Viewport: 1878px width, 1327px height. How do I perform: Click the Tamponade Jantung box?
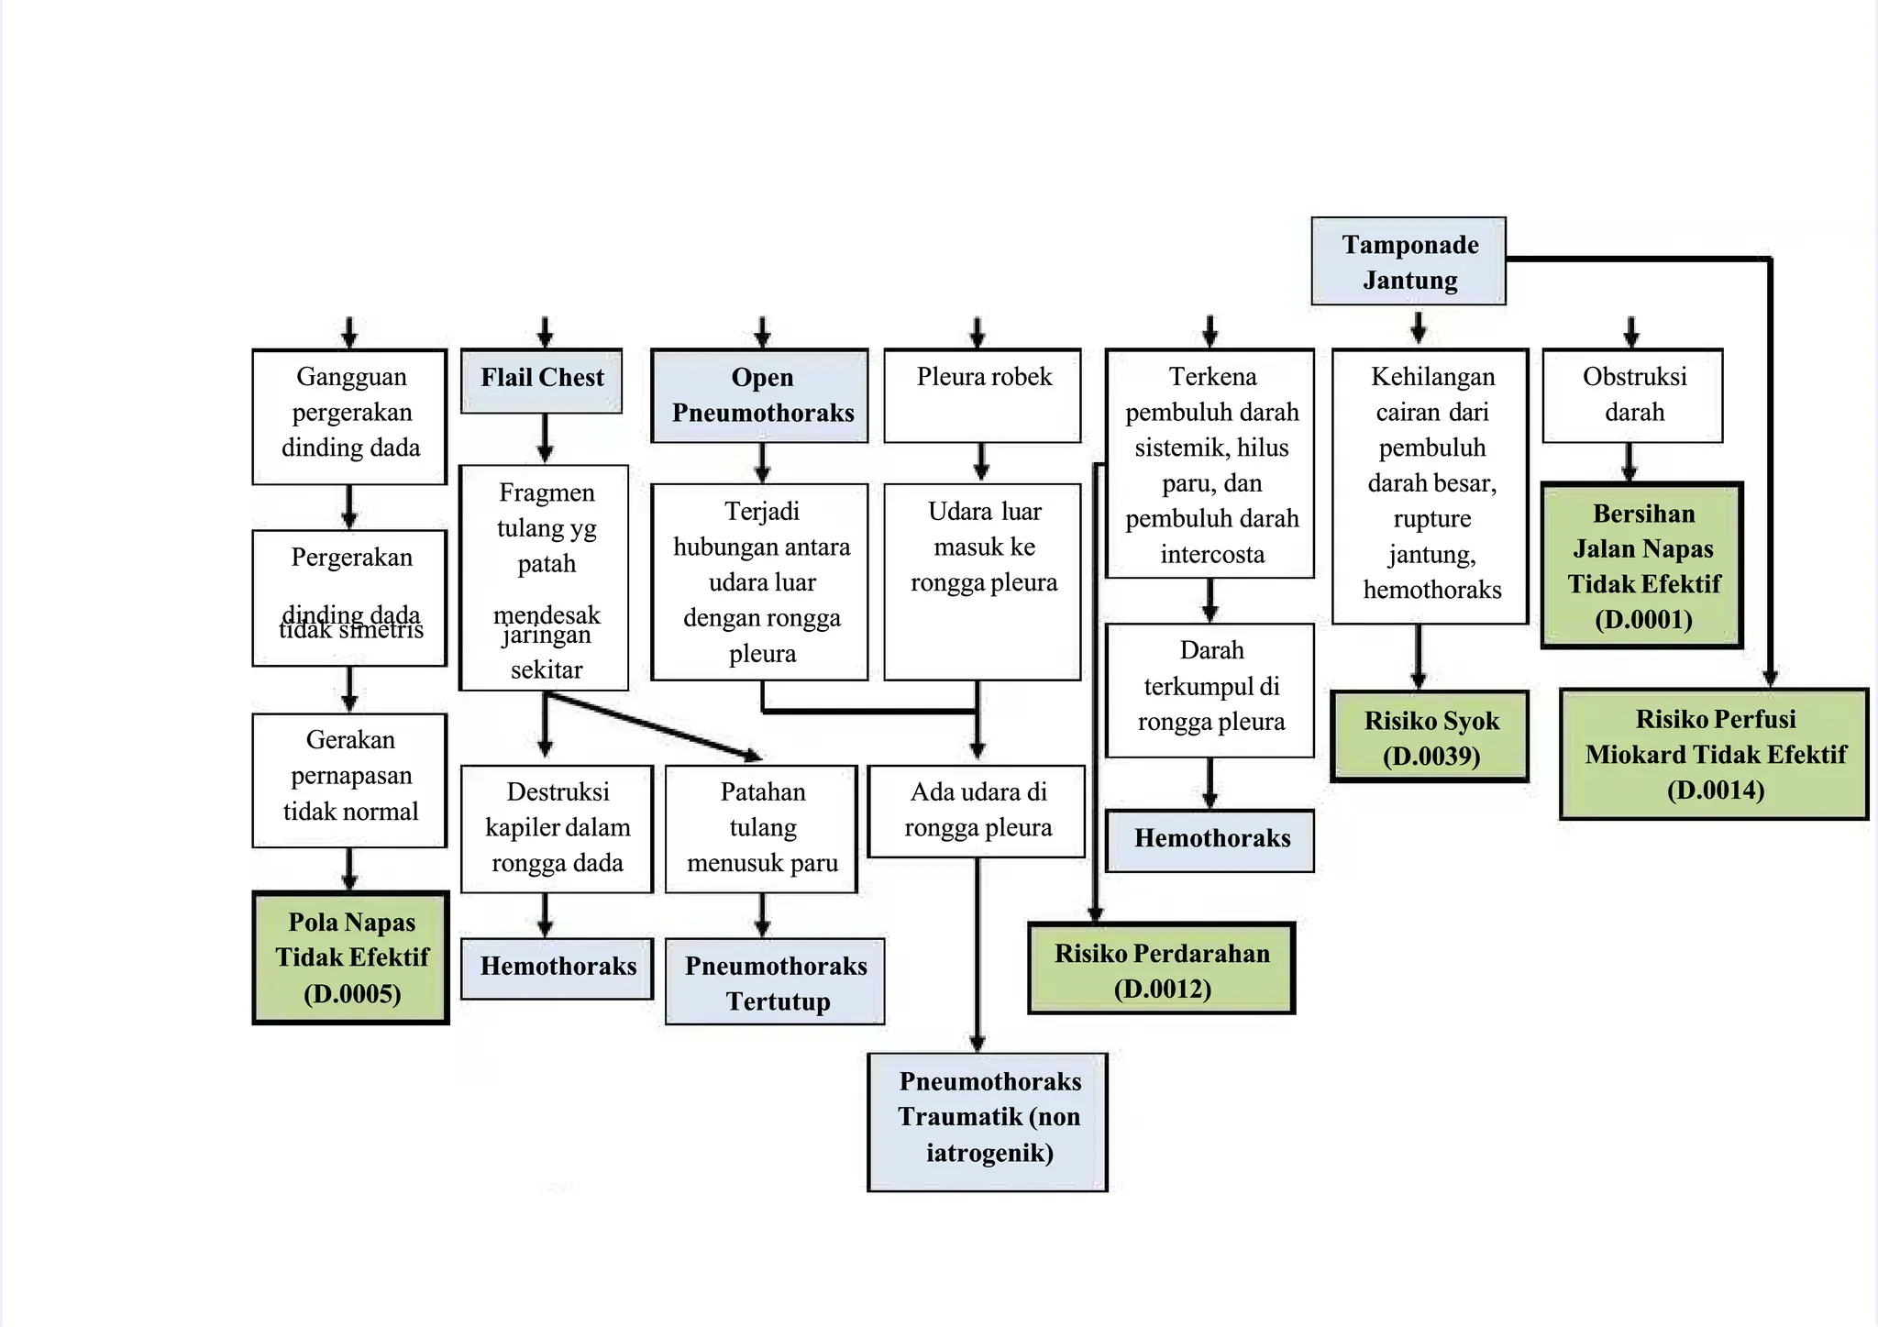[x=1408, y=261]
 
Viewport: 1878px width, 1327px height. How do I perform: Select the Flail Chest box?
[x=542, y=380]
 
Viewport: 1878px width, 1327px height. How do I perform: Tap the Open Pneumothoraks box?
[x=760, y=395]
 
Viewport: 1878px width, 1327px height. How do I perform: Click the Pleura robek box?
[x=983, y=395]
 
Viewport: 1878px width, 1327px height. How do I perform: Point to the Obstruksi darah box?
[x=1633, y=395]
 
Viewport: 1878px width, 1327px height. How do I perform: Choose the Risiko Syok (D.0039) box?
[x=1431, y=736]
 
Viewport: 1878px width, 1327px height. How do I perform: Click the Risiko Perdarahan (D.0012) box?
[x=1162, y=968]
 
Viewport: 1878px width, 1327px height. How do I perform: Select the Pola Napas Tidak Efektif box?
[x=351, y=957]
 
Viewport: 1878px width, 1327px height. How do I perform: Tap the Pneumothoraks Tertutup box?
[x=775, y=981]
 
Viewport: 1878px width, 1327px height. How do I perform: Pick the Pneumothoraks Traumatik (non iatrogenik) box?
[x=988, y=1122]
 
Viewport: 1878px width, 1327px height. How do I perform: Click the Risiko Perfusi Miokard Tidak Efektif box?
[x=1714, y=754]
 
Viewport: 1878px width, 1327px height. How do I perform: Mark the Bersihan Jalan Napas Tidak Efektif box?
[x=1642, y=565]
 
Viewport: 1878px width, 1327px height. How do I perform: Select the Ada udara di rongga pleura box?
[x=977, y=811]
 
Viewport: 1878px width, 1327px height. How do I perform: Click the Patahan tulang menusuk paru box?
[x=761, y=828]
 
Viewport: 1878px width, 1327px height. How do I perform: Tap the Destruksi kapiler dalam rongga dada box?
[x=557, y=828]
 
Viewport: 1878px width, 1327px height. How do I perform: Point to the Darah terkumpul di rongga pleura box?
[x=1210, y=690]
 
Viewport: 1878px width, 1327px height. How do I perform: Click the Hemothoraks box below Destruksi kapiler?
[x=557, y=968]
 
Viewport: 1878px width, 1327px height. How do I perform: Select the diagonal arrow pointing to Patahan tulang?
[x=653, y=725]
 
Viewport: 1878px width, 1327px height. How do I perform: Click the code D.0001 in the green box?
[x=1643, y=620]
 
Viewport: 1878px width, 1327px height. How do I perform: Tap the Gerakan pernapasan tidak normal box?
[x=349, y=780]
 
